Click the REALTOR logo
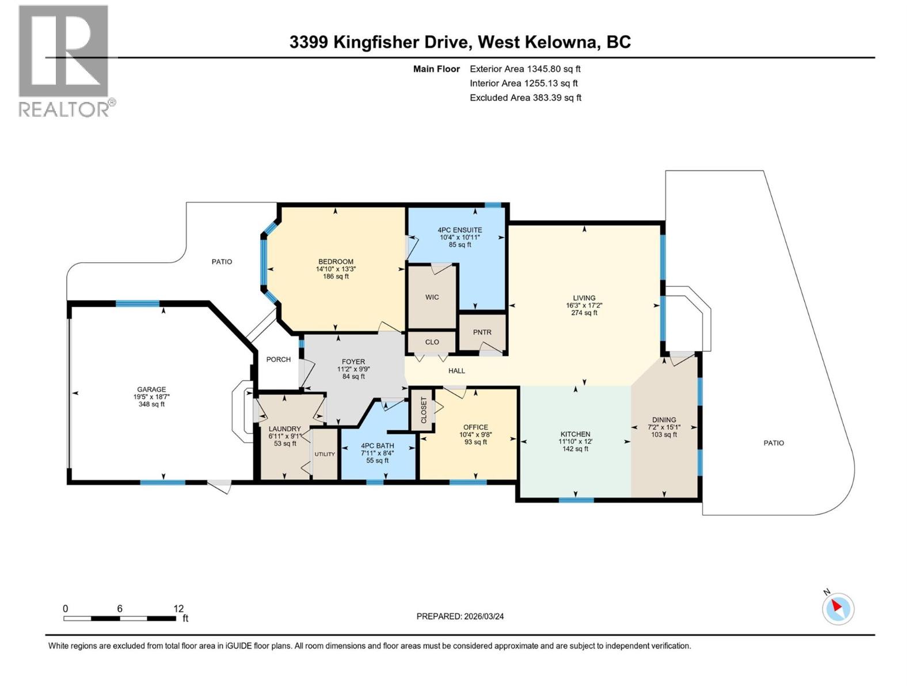click(x=63, y=60)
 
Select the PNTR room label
click(x=482, y=332)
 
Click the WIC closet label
click(x=432, y=297)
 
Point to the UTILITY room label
click(x=325, y=454)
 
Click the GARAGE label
click(x=151, y=389)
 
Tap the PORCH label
click(x=278, y=359)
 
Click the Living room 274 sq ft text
click(x=584, y=313)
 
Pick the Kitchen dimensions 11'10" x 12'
click(x=575, y=442)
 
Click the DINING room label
click(x=664, y=420)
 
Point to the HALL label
click(x=456, y=371)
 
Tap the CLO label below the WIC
click(x=432, y=342)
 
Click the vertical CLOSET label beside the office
click(x=424, y=410)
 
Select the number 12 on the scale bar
click(x=178, y=608)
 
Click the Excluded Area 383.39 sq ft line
click(x=525, y=98)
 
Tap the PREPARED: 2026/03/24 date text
click(x=460, y=616)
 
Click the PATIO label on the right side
click(x=773, y=443)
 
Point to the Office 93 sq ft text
click(x=475, y=442)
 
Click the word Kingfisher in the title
click(x=381, y=42)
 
